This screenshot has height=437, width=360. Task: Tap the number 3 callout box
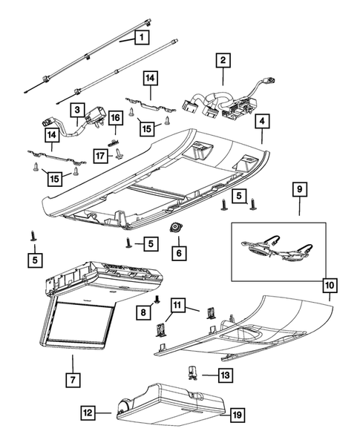pyautogui.click(x=78, y=111)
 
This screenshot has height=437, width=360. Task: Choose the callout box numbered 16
pyautogui.click(x=116, y=118)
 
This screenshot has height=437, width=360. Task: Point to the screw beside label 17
pyautogui.click(x=118, y=154)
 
